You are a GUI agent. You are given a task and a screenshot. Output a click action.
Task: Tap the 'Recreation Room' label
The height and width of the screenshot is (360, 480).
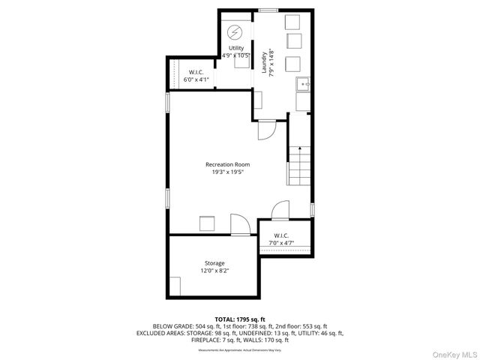pyautogui.click(x=228, y=164)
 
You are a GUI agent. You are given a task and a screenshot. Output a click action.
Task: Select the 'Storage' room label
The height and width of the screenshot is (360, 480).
pyautogui.click(x=214, y=263)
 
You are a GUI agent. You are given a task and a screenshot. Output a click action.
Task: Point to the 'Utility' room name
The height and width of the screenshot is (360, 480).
pyautogui.click(x=236, y=48)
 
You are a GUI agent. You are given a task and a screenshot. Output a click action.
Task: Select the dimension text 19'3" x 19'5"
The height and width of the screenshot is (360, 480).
pyautogui.click(x=228, y=172)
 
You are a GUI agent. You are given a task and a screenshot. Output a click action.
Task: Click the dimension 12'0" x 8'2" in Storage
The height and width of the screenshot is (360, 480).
pyautogui.click(x=214, y=271)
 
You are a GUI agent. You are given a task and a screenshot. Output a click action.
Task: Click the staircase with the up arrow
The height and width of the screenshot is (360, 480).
pyautogui.click(x=297, y=165)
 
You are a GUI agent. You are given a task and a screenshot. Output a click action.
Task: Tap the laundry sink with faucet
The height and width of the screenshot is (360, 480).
pyautogui.click(x=302, y=84)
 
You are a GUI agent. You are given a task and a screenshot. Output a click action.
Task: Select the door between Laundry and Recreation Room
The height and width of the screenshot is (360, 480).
pyautogui.click(x=265, y=130)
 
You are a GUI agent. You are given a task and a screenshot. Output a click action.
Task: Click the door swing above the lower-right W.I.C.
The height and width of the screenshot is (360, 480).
pyautogui.click(x=280, y=209)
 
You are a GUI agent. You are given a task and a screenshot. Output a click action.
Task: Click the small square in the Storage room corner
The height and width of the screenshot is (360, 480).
pyautogui.click(x=175, y=286)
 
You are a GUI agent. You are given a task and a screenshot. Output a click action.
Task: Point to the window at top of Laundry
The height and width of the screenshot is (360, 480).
pyautogui.click(x=268, y=10)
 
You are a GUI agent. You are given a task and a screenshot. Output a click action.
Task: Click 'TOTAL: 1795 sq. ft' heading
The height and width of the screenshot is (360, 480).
pyautogui.click(x=240, y=319)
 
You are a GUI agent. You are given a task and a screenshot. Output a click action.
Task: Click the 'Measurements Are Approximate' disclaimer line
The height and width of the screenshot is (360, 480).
pyautogui.click(x=240, y=349)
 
